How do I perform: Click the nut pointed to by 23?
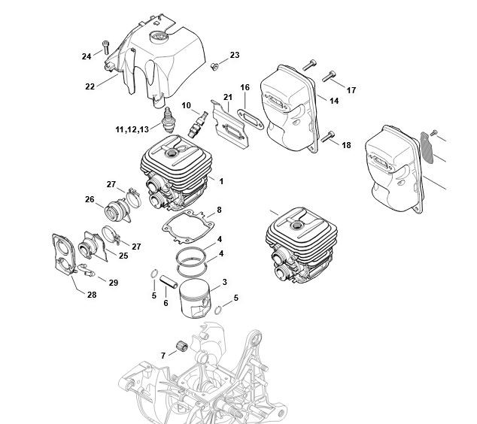click(x=214, y=66)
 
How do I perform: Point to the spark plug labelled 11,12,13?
click(x=169, y=119)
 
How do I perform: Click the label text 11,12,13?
click(x=132, y=130)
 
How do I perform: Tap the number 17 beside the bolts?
click(x=351, y=90)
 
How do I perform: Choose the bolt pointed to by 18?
click(x=328, y=136)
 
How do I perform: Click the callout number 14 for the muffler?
click(x=334, y=101)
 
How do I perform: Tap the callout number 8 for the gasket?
click(x=219, y=210)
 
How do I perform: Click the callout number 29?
click(x=114, y=283)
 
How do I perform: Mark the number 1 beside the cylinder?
click(x=221, y=181)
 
